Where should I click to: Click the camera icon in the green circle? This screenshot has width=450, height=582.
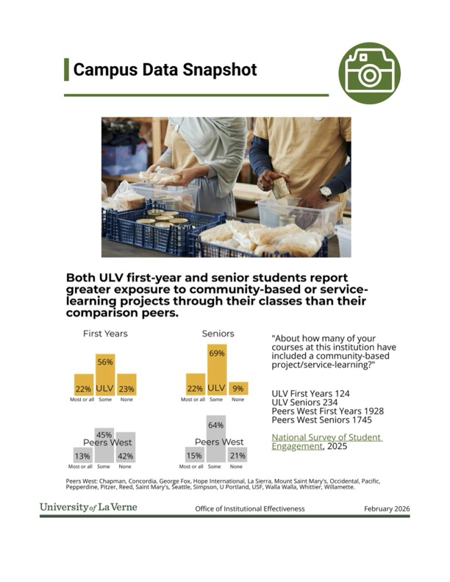(x=369, y=73)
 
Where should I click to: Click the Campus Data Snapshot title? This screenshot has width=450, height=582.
(x=165, y=70)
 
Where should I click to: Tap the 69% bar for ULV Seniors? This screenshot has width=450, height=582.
(x=215, y=370)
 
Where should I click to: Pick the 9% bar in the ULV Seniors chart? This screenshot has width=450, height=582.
(x=238, y=389)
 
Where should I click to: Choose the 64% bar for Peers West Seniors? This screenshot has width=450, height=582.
(x=215, y=439)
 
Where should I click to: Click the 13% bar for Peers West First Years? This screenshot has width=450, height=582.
(x=82, y=455)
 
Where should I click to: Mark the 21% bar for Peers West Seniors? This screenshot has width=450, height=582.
(x=237, y=455)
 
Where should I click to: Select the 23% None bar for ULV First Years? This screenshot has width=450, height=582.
(x=126, y=387)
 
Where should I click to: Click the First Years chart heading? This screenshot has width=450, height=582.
(x=104, y=334)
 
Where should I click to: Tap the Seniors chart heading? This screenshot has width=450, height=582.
(x=218, y=334)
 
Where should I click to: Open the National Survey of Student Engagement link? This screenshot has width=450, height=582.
(x=326, y=442)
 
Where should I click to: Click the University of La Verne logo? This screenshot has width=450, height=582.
(x=88, y=508)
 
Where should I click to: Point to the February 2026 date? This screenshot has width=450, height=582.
(x=387, y=509)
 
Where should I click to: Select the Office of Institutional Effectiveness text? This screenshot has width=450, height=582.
(x=249, y=509)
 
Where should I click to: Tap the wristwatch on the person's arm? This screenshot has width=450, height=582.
(x=325, y=192)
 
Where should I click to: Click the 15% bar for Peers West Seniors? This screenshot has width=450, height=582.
(x=195, y=455)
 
